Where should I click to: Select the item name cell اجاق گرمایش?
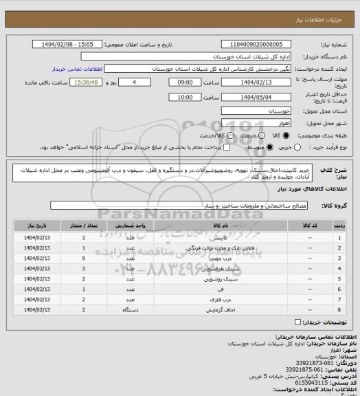pyautogui.click(x=221, y=312)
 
